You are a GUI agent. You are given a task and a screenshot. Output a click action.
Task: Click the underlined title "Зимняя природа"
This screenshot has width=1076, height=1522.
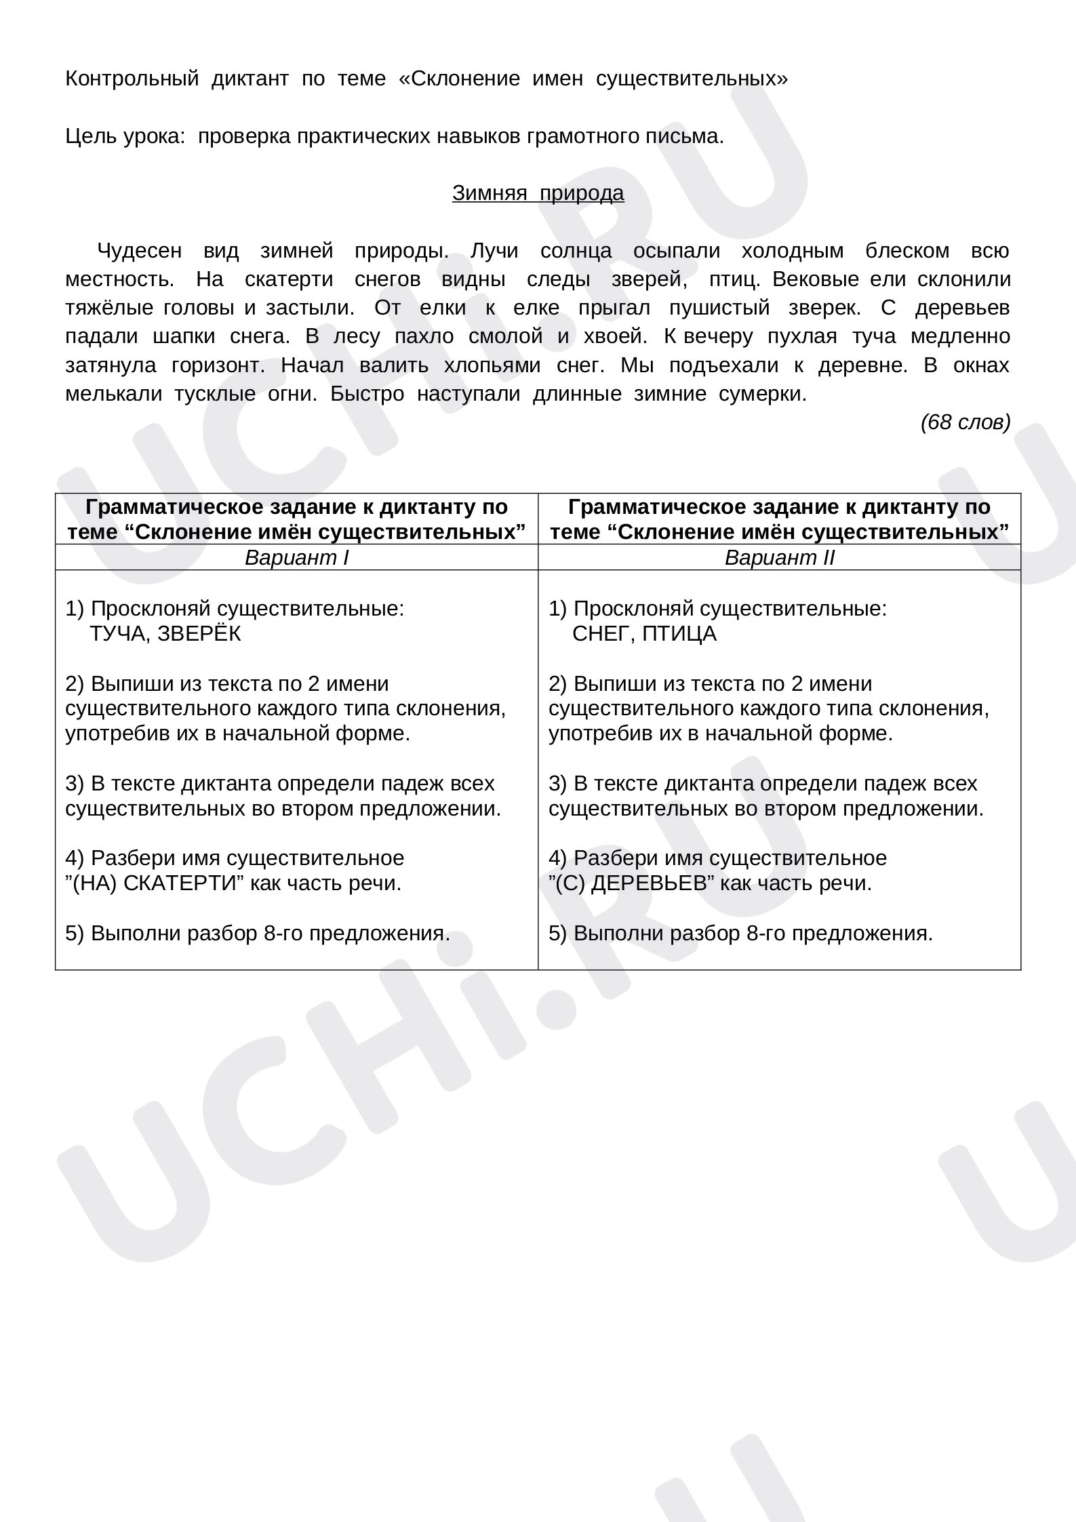point(538,193)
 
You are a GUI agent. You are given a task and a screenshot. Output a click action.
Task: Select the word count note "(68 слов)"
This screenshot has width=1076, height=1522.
point(965,422)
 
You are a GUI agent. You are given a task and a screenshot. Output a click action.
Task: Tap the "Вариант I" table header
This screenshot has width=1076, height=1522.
point(296,558)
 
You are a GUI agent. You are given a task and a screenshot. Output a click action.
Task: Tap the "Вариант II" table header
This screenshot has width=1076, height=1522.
point(779,558)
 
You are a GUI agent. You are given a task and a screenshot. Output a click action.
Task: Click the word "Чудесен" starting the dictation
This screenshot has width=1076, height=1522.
point(140,251)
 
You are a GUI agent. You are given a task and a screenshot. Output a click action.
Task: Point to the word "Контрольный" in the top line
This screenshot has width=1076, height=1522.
point(132,79)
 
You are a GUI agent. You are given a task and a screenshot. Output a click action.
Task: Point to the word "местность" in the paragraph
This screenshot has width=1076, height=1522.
point(119,279)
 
